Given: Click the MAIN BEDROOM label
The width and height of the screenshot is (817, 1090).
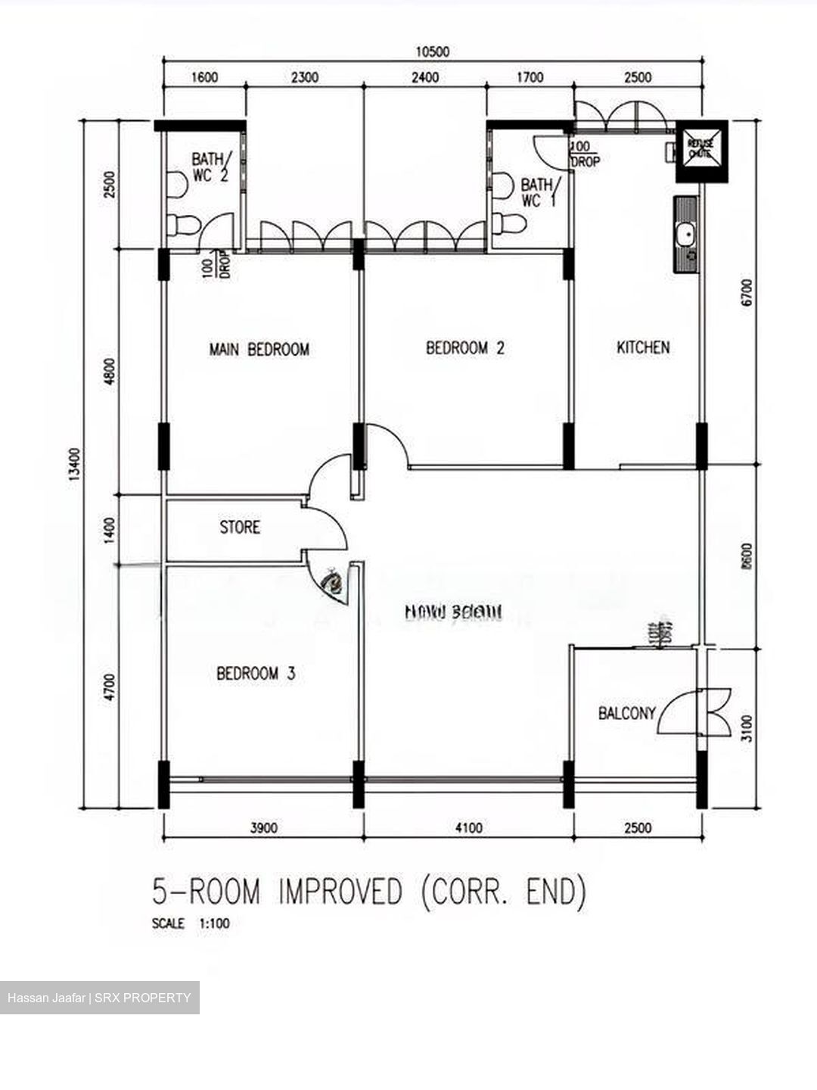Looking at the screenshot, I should pyautogui.click(x=259, y=349).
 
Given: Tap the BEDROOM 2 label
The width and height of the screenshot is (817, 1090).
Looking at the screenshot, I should pyautogui.click(x=464, y=348).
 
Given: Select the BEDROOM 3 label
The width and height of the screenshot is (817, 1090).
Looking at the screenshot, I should pyautogui.click(x=256, y=673).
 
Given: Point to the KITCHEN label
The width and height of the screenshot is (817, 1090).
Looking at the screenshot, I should pyautogui.click(x=643, y=347).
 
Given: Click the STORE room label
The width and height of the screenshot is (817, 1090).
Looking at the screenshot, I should pyautogui.click(x=240, y=527).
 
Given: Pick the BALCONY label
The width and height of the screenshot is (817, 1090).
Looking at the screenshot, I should pyautogui.click(x=626, y=713).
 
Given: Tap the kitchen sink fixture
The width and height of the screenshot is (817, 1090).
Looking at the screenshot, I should pyautogui.click(x=687, y=235).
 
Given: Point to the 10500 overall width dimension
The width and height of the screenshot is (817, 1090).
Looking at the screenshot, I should pyautogui.click(x=433, y=51).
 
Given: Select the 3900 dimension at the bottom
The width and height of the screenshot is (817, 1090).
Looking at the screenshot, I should pyautogui.click(x=263, y=828).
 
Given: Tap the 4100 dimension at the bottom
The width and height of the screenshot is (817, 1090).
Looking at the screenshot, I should pyautogui.click(x=468, y=828).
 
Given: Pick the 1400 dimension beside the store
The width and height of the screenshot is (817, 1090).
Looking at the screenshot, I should pyautogui.click(x=110, y=530).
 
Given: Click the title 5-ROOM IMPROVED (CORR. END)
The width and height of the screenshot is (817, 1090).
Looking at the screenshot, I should pyautogui.click(x=369, y=892).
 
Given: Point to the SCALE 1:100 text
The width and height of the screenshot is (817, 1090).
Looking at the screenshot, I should pyautogui.click(x=191, y=923).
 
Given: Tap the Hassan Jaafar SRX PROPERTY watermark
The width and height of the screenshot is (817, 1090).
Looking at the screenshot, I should pyautogui.click(x=99, y=998).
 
